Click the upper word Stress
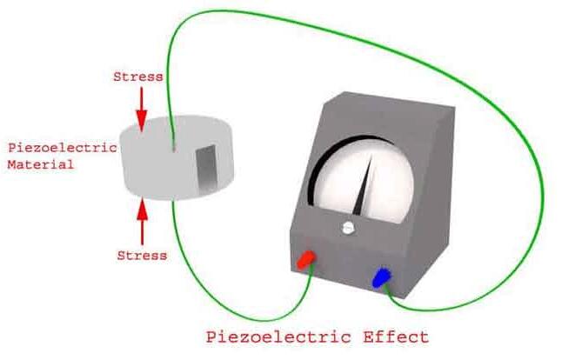137,77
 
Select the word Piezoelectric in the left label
61,148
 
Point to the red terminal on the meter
306,258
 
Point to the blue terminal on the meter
382,278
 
